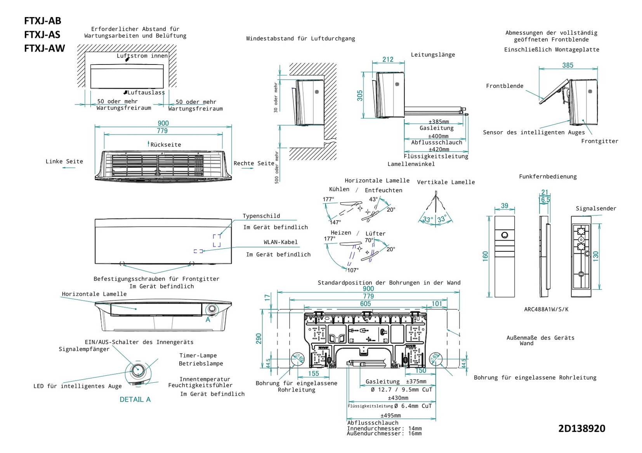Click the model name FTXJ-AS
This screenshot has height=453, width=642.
42,35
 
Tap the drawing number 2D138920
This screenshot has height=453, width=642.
581,429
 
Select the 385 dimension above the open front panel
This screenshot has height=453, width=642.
567,65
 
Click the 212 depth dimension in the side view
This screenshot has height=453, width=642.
388,59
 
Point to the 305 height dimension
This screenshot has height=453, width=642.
360,96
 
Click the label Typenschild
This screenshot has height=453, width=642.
261,216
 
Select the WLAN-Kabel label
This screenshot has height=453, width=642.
281,242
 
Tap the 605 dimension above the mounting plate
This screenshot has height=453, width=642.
365,304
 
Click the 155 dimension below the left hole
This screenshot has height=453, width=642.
313,373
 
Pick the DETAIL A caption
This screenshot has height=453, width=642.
135,399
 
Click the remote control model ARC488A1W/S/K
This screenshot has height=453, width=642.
546,310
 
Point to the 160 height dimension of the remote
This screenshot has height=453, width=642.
485,256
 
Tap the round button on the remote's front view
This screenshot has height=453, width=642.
505,235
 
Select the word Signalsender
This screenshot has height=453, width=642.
596,209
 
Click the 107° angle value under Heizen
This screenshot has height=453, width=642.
353,270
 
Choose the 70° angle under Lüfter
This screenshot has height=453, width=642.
369,240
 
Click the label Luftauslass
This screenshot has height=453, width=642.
146,92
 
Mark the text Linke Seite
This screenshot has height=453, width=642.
64,162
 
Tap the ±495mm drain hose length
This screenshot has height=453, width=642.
390,415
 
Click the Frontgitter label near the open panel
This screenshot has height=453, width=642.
599,141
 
